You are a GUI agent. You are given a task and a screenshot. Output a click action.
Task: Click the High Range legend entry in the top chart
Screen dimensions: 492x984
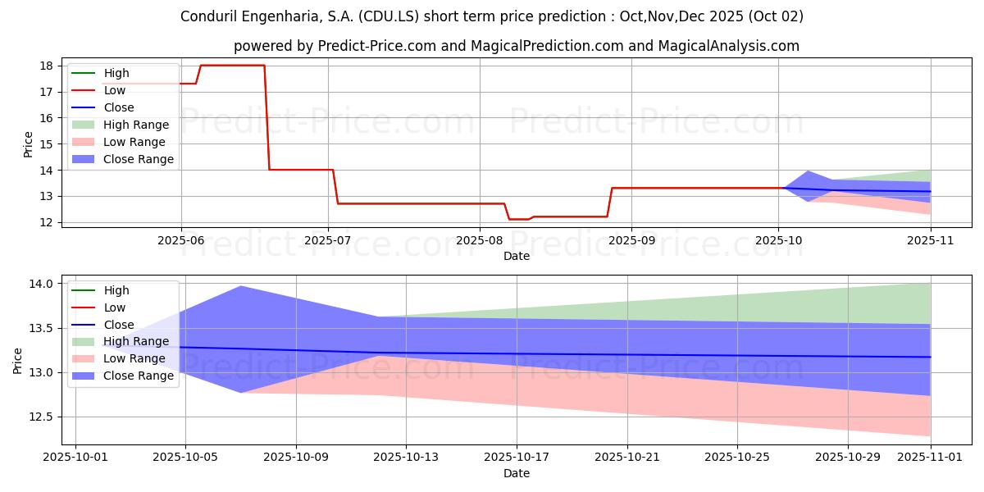click(x=136, y=125)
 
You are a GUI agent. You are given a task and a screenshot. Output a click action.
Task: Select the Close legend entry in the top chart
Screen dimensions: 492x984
click(x=119, y=107)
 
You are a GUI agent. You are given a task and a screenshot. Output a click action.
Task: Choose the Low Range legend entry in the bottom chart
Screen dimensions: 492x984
click(x=134, y=358)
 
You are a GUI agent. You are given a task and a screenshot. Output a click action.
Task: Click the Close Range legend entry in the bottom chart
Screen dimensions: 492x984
click(x=138, y=376)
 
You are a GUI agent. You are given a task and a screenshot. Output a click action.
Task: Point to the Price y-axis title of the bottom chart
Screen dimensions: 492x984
click(x=18, y=360)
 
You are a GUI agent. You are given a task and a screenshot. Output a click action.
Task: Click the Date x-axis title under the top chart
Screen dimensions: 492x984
click(x=517, y=256)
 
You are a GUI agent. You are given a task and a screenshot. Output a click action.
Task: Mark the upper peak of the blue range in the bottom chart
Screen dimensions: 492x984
click(x=240, y=286)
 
